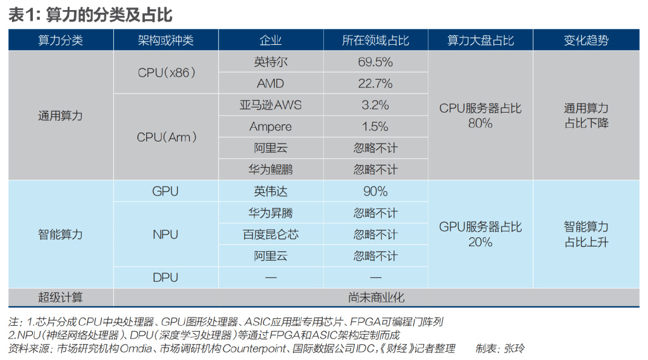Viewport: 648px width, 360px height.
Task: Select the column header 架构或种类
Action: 165,40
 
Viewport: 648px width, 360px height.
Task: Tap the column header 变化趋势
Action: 586,40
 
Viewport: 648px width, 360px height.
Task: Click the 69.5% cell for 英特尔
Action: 375,62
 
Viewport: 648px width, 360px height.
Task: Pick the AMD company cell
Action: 270,84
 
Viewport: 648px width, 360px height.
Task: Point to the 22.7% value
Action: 375,84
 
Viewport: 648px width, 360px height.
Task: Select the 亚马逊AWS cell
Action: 270,105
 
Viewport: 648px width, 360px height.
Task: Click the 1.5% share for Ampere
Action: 375,127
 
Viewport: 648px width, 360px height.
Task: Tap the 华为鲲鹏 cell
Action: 270,170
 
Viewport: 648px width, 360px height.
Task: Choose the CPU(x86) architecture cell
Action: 166,73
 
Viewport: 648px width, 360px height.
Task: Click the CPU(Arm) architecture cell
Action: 166,137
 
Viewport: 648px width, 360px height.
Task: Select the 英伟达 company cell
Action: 270,191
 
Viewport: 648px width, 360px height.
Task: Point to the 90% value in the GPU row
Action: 375,191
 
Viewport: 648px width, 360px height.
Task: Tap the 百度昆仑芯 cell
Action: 270,234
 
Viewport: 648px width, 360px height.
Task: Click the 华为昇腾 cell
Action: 270,213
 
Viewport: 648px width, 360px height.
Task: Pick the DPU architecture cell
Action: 166,277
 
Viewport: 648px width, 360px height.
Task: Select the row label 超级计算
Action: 60,297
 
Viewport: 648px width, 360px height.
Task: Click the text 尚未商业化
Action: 376,297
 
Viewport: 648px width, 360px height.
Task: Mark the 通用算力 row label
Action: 60,116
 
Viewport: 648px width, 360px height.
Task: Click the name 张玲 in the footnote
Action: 511,349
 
